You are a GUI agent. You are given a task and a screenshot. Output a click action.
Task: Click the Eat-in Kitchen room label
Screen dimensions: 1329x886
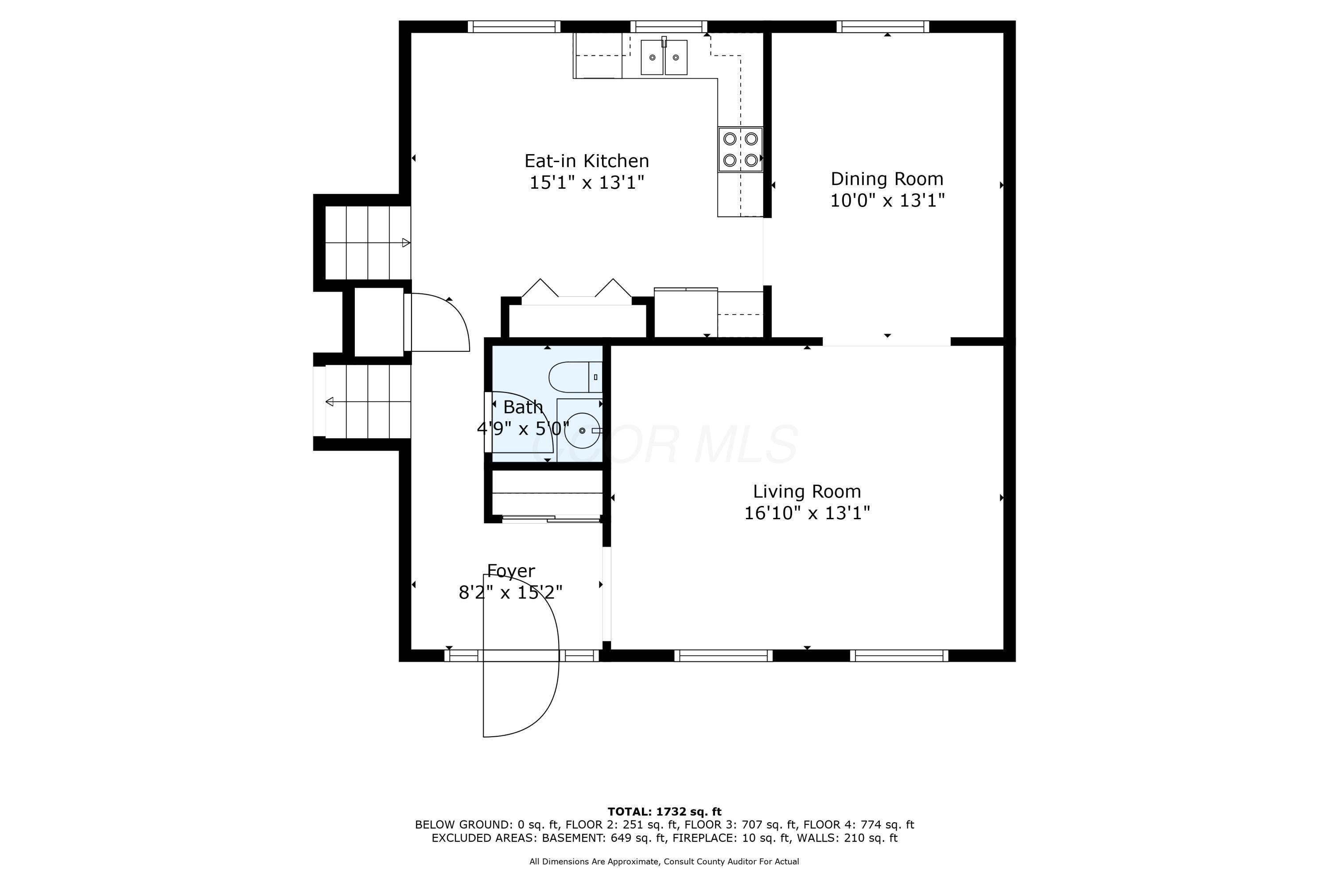pos(587,161)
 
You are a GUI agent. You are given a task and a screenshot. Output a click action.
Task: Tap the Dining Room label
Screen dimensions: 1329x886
pos(887,179)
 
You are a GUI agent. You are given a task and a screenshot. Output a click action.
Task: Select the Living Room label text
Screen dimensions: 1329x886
pos(807,492)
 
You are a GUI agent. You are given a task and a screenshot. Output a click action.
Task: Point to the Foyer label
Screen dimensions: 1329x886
pos(511,571)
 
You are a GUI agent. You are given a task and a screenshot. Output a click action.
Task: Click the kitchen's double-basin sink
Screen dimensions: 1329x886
pos(664,57)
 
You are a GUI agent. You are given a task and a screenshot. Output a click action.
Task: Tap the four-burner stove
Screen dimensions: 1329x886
pos(740,149)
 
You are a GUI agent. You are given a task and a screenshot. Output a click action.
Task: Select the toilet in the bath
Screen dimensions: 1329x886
pos(575,377)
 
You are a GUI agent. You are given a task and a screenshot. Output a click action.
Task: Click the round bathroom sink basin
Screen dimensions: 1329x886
pos(582,431)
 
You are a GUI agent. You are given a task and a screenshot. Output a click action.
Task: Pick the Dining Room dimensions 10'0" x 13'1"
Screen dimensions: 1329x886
pos(887,201)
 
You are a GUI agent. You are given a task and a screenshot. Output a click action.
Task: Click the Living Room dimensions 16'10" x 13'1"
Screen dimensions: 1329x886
pos(807,513)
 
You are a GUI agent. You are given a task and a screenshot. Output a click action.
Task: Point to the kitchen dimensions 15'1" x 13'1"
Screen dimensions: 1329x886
pos(587,183)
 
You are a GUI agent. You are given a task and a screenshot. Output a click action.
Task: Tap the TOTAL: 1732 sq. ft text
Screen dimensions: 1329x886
pos(664,812)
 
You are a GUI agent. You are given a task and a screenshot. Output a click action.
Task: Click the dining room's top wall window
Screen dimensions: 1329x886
pos(882,27)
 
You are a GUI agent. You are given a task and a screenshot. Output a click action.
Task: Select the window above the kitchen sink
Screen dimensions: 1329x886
pos(668,27)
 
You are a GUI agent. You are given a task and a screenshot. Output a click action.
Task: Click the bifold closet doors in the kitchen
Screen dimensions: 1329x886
pos(576,288)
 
